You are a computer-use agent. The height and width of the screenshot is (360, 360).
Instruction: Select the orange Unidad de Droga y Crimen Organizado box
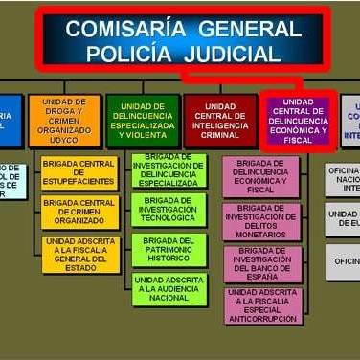coord(64,121)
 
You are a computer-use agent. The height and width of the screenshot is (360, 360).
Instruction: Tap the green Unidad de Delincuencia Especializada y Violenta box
coord(141,121)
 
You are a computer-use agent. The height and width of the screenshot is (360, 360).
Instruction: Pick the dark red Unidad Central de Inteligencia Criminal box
coord(219,121)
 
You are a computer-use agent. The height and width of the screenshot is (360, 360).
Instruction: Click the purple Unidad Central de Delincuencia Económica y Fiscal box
coord(299,121)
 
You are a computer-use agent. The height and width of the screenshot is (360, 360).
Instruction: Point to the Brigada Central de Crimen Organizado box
coord(80,213)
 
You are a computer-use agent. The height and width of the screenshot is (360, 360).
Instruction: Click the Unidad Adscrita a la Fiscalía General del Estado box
coord(80,255)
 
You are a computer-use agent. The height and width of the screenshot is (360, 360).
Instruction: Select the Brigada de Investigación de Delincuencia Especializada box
coord(169,170)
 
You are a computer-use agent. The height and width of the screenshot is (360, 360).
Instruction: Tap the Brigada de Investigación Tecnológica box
coord(169,211)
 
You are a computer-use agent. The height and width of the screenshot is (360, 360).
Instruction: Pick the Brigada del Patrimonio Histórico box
coord(169,249)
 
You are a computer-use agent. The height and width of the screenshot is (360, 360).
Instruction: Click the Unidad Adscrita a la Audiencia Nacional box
coord(169,289)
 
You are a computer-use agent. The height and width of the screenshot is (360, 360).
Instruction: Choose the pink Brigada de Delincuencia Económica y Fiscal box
coord(260,176)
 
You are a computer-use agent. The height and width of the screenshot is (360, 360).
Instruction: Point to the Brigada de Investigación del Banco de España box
coord(260,262)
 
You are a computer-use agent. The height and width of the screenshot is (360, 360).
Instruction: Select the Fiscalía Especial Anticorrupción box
coord(260,304)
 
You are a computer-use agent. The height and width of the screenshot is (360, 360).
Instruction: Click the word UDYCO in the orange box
coord(64,140)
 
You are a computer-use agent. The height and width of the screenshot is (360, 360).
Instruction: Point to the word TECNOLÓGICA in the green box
coord(169,217)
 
